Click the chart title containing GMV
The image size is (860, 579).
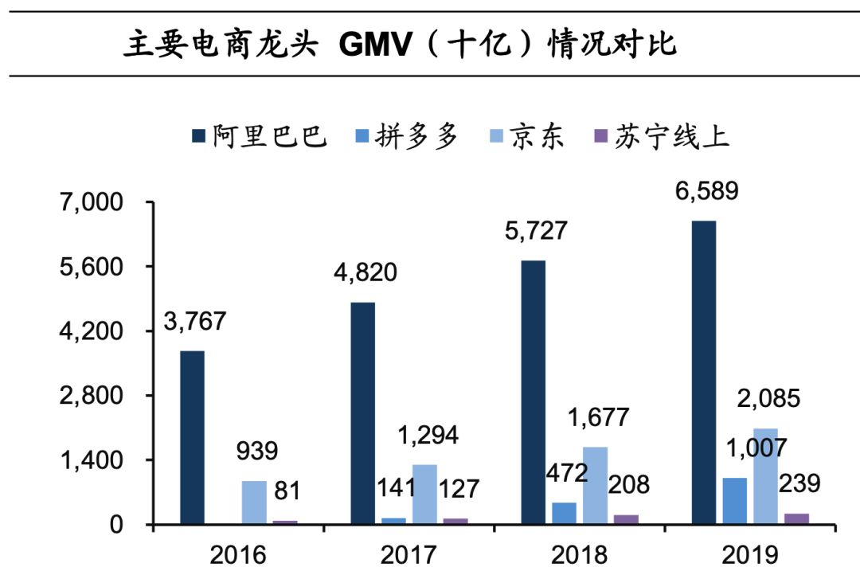pos(400,44)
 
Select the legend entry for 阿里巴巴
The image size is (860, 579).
pos(260,136)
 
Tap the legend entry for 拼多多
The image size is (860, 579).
pos(407,136)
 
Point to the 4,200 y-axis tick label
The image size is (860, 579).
pos(93,331)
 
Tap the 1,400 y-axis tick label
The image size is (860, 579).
pos(93,460)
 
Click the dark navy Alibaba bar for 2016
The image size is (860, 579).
pos(192,437)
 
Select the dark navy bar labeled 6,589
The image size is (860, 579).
pos(703,372)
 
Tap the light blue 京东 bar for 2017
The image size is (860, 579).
pos(424,494)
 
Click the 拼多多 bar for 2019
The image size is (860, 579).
pos(734,501)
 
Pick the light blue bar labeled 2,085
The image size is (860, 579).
pos(765,476)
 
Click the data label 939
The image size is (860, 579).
pos(256,452)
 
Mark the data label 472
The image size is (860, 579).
pos(566,475)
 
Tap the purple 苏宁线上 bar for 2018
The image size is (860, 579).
pos(626,519)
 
